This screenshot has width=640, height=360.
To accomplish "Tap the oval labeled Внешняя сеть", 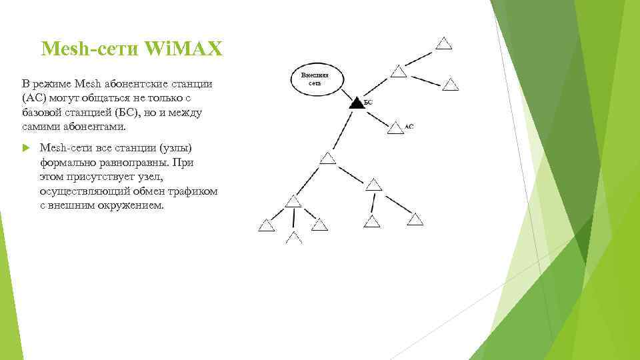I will [315, 79].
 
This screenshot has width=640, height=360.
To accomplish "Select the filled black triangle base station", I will [356, 103].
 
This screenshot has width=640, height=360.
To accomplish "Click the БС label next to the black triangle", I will [367, 103].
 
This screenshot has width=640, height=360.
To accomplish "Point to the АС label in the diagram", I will [409, 126].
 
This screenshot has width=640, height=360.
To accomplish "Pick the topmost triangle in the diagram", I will [444, 43].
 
